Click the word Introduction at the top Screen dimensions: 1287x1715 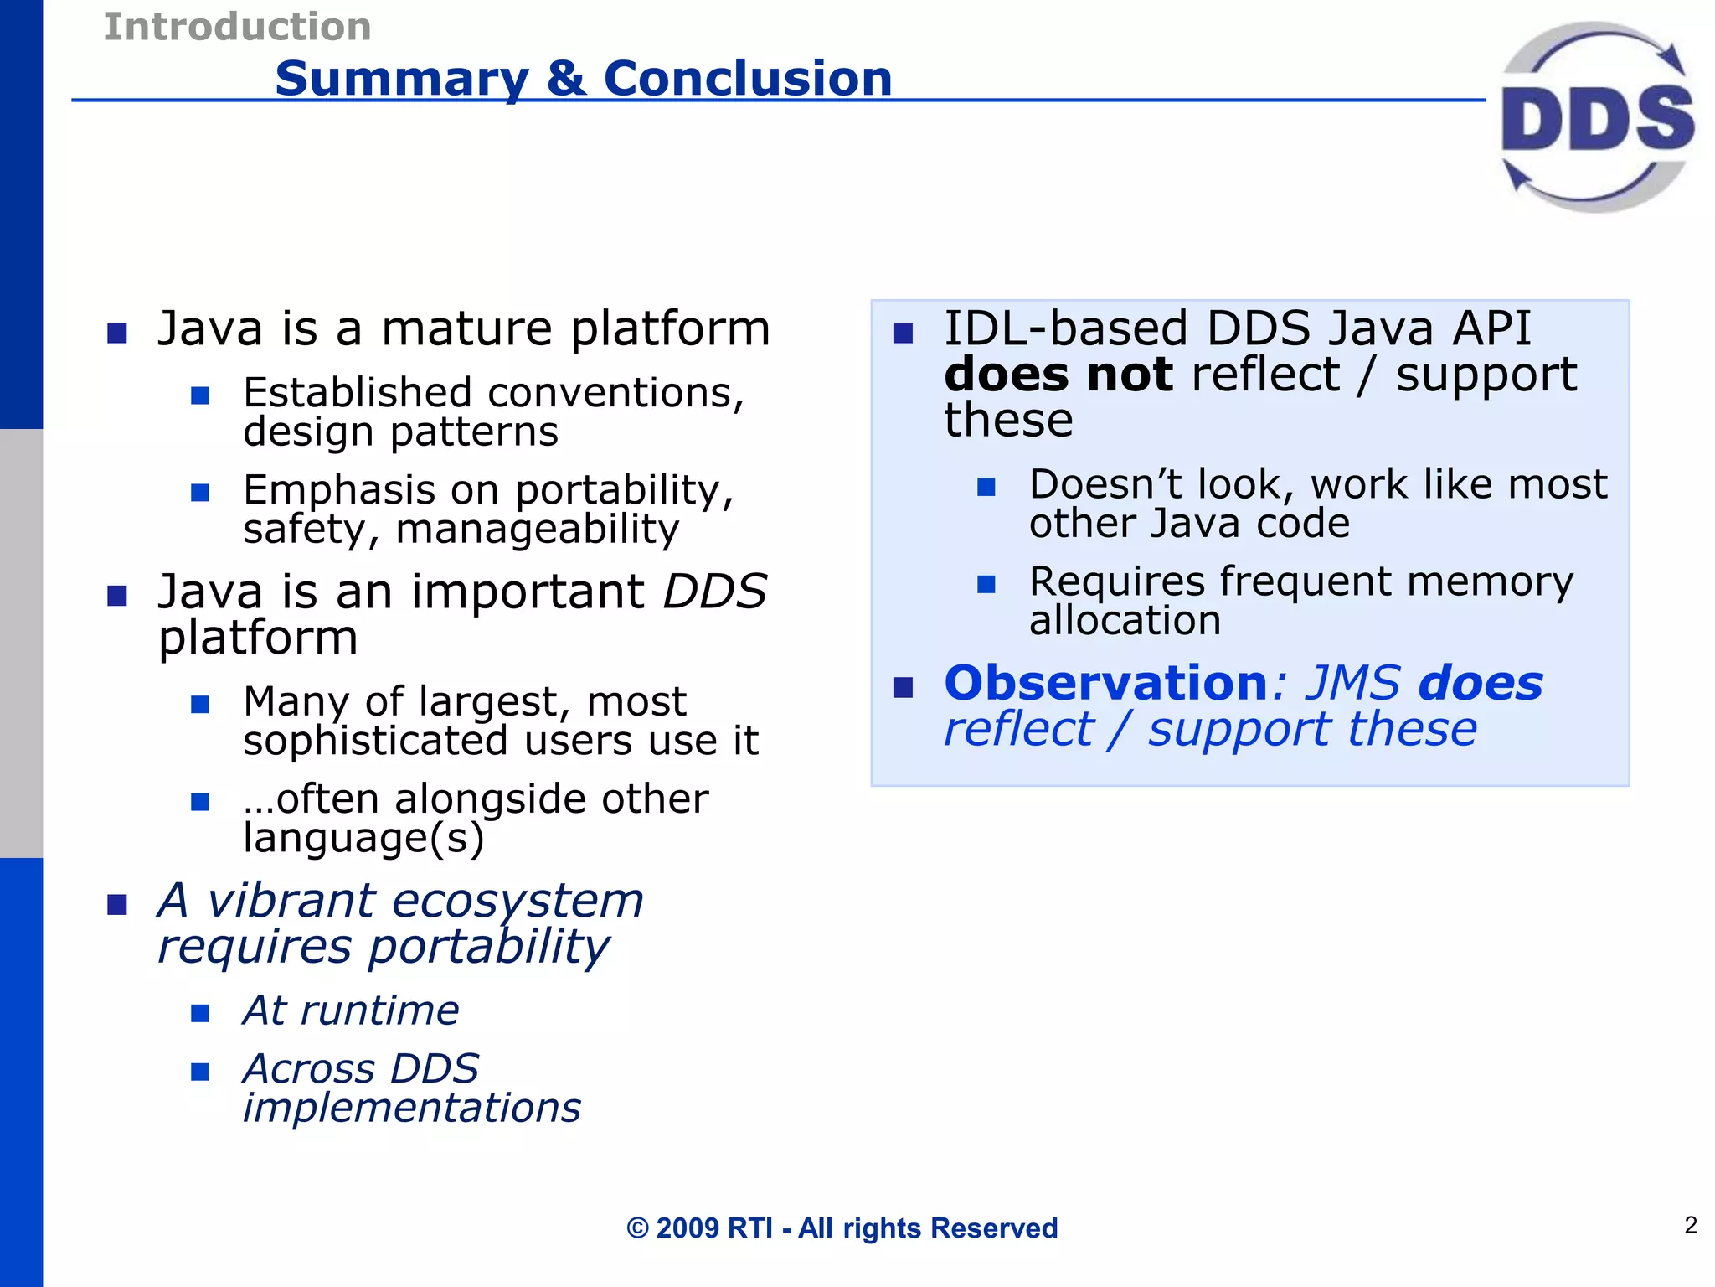click(x=237, y=27)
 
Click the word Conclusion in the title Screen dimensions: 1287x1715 click(x=747, y=79)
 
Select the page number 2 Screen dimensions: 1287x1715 click(x=1690, y=1225)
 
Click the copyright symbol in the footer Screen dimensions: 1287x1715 click(x=637, y=1228)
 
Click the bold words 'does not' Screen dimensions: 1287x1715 click(x=1058, y=374)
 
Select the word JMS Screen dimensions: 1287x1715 click(x=1352, y=682)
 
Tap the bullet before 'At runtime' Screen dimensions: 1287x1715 click(x=199, y=1013)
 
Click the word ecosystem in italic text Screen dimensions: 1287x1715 click(x=517, y=901)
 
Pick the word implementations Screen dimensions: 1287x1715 click(x=411, y=1108)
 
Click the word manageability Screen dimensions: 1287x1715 click(x=537, y=529)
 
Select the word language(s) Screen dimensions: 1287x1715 click(x=363, y=837)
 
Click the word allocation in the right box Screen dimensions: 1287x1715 click(x=1125, y=620)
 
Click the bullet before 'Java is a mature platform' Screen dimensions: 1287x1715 click(x=117, y=333)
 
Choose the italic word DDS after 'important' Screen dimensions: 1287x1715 click(x=714, y=592)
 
